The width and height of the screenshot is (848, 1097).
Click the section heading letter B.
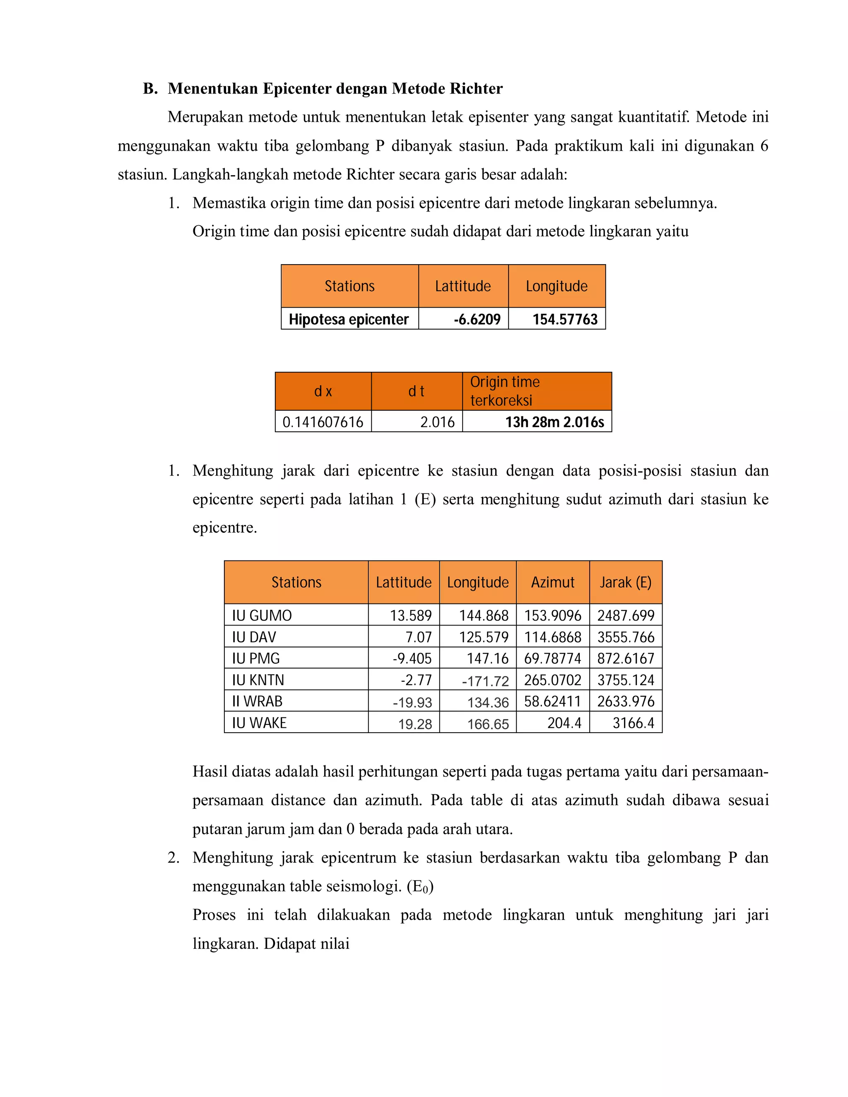click(150, 89)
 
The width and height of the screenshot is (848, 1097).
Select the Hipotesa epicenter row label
click(349, 320)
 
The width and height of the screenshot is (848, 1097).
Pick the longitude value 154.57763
click(565, 320)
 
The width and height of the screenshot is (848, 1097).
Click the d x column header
click(323, 391)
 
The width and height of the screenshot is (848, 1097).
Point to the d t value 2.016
click(437, 422)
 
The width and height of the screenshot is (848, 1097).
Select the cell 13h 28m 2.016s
click(554, 422)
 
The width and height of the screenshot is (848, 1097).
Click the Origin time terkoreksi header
click(504, 391)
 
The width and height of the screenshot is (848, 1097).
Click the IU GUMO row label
click(262, 615)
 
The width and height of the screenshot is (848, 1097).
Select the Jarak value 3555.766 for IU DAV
click(626, 637)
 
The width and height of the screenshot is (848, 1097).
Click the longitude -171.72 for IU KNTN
click(485, 681)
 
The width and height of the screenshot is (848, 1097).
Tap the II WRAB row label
click(257, 701)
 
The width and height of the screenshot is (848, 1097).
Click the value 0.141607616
click(323, 422)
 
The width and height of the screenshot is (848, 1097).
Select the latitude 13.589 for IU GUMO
click(410, 615)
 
